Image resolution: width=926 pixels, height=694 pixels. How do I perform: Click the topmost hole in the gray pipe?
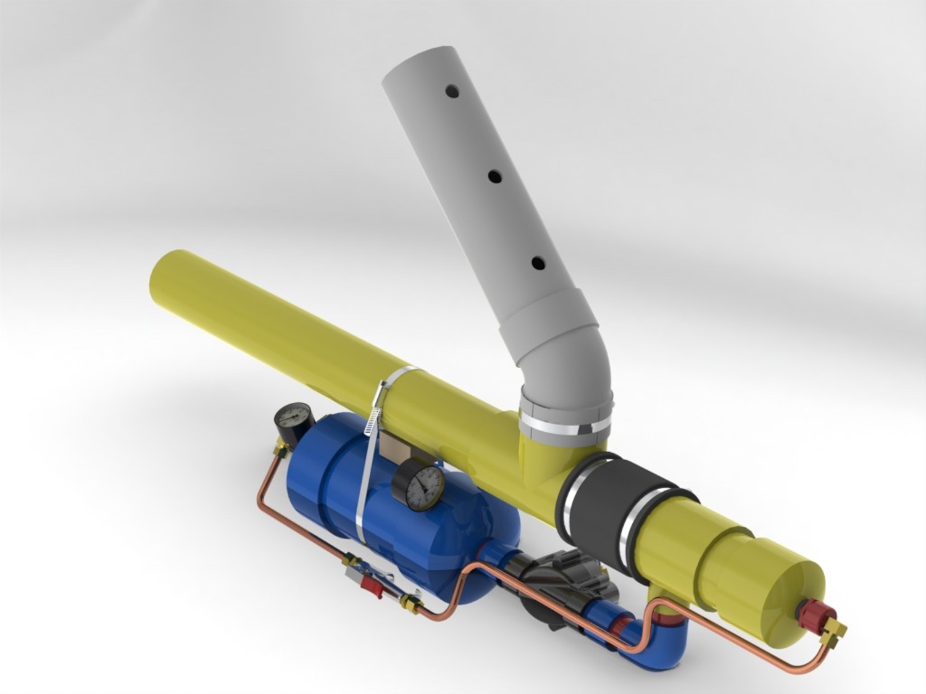pos(454,91)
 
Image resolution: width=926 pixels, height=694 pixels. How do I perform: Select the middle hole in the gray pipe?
pos(494,176)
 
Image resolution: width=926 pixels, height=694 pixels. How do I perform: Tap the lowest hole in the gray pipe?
pos(538,263)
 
